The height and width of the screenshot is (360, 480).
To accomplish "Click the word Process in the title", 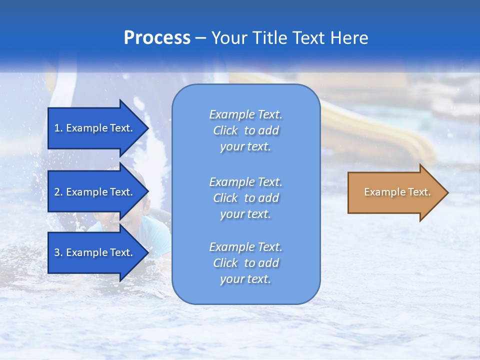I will pos(157,38).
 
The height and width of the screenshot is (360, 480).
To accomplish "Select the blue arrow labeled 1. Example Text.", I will pos(95,128).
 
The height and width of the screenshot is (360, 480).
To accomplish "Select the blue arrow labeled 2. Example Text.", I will pos(95,192).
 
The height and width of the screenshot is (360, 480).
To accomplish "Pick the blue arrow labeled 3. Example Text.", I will pos(95,252).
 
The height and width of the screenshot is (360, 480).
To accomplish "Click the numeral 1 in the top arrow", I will pos(57,128).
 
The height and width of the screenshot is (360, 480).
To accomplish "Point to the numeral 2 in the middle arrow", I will pos(57,192).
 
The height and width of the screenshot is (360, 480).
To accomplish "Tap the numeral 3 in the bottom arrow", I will pos(57,252).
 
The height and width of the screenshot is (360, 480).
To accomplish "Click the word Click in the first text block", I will pos(225,130).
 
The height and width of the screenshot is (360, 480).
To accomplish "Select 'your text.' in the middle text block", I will pos(245,214).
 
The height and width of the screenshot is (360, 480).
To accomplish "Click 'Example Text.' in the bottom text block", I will pos(245,247).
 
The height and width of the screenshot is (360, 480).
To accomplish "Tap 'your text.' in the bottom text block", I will pos(245,279).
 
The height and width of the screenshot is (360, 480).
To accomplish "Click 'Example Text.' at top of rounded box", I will pos(245,114).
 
